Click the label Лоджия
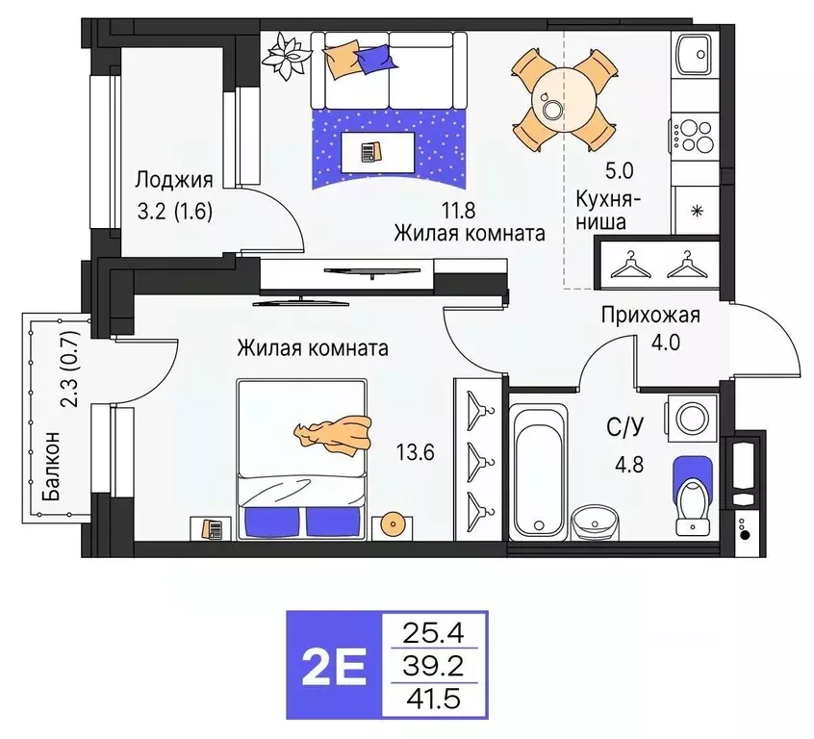tap(174, 180)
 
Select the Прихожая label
tap(650, 315)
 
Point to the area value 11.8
tap(459, 207)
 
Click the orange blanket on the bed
tap(336, 432)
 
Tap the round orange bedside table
tap(393, 524)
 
